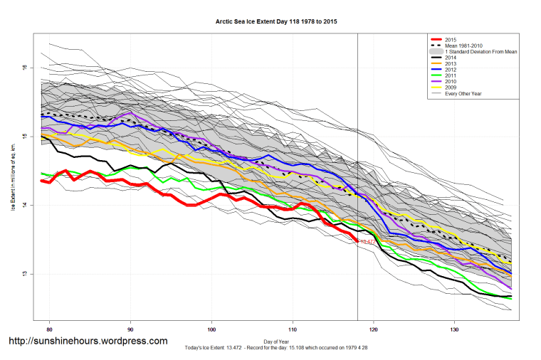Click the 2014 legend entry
pyautogui.click(x=450, y=58)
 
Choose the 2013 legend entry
pyautogui.click(x=450, y=64)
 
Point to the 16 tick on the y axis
pyautogui.click(x=24, y=68)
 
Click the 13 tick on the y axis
pyautogui.click(x=24, y=274)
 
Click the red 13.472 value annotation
pyautogui.click(x=367, y=242)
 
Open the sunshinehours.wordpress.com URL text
pyautogui.click(x=88, y=342)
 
